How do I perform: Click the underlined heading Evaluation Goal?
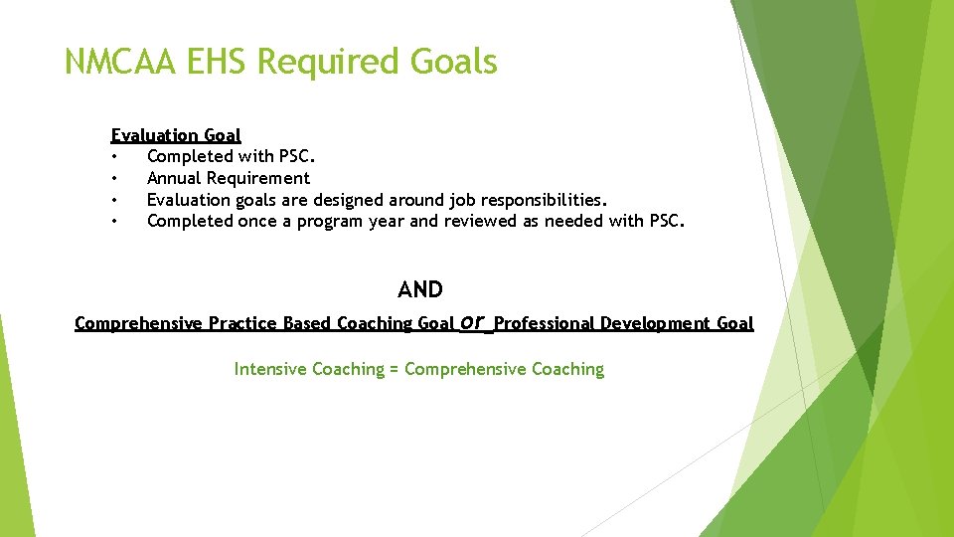[x=176, y=135]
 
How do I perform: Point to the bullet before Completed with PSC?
[x=116, y=157]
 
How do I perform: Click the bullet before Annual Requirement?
[x=116, y=179]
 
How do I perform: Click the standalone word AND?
[x=420, y=289]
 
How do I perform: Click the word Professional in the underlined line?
[x=545, y=323]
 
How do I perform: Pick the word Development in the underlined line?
[x=653, y=323]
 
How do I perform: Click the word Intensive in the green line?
[x=271, y=369]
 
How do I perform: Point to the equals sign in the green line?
[x=394, y=370]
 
